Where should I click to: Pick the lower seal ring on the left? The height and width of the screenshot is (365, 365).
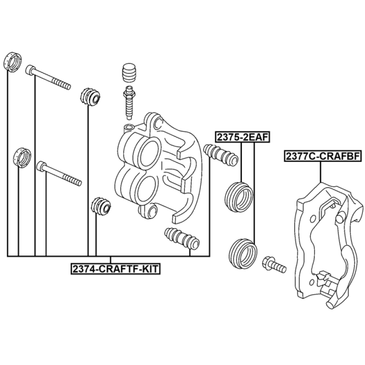(x=21, y=157)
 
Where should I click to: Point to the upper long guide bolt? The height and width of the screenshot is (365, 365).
(x=49, y=77)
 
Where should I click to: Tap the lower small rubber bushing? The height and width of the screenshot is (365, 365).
(x=101, y=206)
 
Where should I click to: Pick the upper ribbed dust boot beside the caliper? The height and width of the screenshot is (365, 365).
(x=220, y=154)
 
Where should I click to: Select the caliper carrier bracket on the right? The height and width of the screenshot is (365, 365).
(x=319, y=246)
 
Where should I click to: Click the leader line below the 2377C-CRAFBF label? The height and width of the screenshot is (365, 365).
(x=321, y=172)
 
